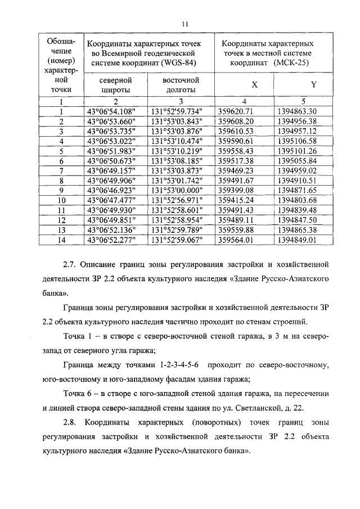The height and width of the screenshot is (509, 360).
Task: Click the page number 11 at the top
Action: pyautogui.click(x=184, y=23)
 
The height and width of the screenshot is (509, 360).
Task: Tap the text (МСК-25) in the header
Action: pyautogui.click(x=291, y=63)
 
